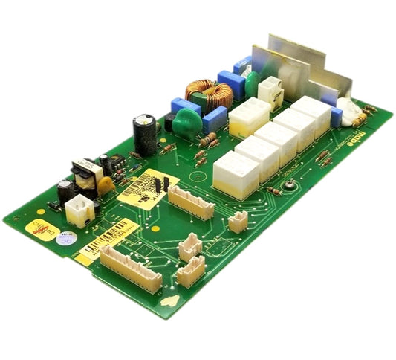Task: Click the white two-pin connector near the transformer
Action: [78, 210]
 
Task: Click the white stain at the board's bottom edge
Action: [170, 301]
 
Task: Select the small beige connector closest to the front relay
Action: [238, 222]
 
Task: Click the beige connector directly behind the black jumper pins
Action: [191, 200]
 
